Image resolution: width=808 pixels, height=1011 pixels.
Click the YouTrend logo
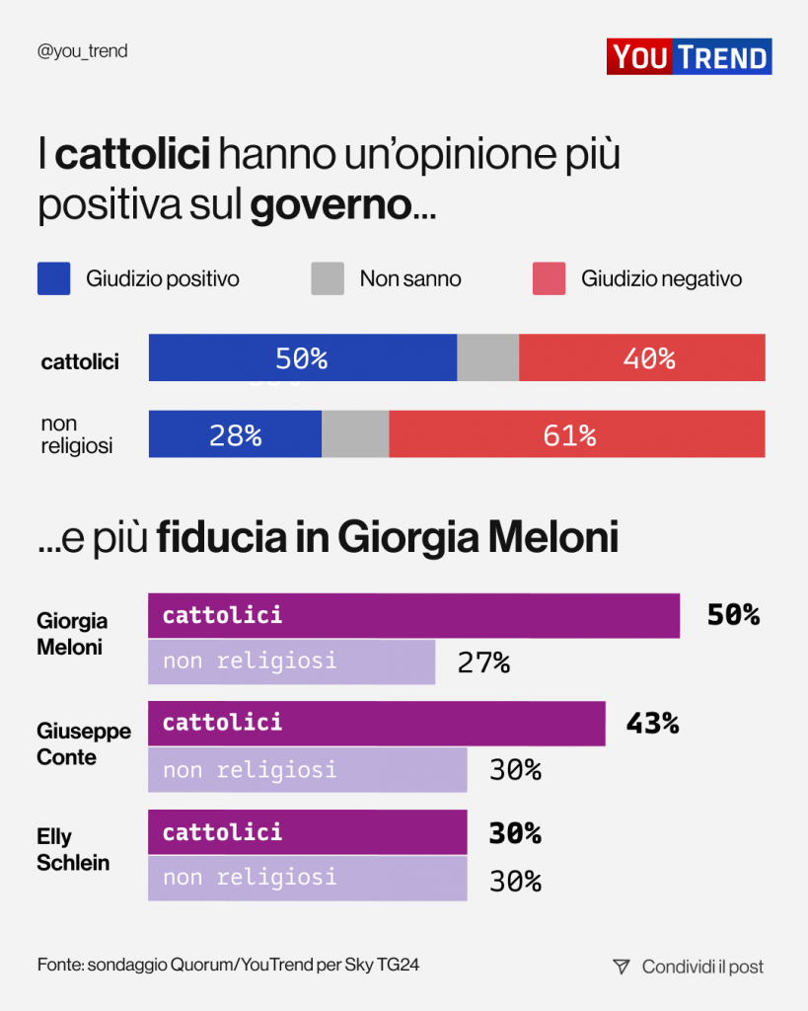(689, 56)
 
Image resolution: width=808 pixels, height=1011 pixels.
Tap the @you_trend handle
(82, 51)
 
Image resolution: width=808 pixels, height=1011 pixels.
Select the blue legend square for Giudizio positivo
(53, 278)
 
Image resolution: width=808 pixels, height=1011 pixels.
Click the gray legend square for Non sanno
(328, 278)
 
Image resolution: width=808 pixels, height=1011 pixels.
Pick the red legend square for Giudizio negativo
(549, 278)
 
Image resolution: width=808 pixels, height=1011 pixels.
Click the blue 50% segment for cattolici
(302, 357)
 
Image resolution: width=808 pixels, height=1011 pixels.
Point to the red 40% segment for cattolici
(642, 357)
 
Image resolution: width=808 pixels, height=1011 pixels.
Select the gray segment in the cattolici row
(487, 357)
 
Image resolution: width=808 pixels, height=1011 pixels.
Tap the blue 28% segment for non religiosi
(235, 434)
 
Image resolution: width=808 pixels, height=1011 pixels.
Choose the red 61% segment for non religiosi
(577, 434)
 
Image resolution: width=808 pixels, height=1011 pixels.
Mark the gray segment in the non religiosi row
(355, 434)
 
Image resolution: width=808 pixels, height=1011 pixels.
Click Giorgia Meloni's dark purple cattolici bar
(413, 615)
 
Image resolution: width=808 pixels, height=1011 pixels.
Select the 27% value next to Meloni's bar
(483, 662)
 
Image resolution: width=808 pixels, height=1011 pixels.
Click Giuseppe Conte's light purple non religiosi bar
(307, 770)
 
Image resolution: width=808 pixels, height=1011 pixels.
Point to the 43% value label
(652, 724)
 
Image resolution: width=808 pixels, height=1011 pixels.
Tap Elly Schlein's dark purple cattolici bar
(307, 832)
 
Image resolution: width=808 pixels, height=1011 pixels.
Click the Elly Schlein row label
(73, 849)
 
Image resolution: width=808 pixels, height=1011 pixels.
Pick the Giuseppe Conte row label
(84, 744)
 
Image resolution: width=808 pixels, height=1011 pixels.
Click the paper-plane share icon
(621, 967)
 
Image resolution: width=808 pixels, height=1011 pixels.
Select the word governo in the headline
(331, 205)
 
